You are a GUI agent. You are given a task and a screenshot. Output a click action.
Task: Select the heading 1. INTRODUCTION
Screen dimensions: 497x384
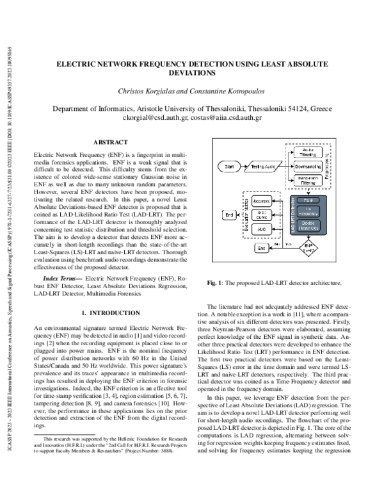(110, 313)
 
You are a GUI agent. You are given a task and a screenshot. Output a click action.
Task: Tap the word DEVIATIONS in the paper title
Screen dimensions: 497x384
(192, 74)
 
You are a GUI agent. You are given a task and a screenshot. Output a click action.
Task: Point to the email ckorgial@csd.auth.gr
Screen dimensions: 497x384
(154, 118)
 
